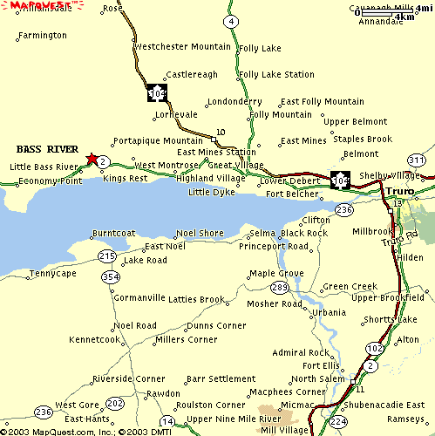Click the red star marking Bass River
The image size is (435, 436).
pos(92,158)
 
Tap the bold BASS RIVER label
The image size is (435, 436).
pos(41,147)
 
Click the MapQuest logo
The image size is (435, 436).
pos(37,5)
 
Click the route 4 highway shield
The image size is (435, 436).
pos(230,21)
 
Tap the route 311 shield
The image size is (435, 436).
pos(418,160)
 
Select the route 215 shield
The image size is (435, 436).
pos(106,255)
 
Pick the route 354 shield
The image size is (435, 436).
pos(111,276)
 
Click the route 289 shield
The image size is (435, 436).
pos(279,287)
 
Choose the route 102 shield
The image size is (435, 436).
pos(374,349)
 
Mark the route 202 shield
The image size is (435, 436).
pos(115,403)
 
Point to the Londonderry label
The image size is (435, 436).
pos(234,101)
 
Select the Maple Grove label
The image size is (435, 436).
pos(276,273)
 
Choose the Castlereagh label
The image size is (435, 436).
pos(192,75)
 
